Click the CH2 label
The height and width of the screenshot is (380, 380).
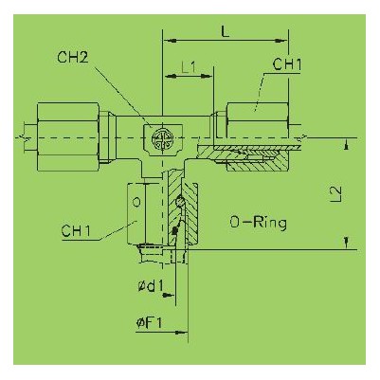coord(73,58)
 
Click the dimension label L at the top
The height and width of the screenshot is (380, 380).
coord(225,31)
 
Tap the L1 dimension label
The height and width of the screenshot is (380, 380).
coord(189,67)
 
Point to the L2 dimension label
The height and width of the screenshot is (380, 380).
coord(337,193)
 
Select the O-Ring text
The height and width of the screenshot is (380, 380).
coord(259,223)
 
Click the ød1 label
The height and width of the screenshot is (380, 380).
coord(151,286)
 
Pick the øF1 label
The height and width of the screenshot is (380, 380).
coord(149,323)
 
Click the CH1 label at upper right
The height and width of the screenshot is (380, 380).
coord(287,64)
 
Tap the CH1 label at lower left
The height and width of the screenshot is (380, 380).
coord(76,231)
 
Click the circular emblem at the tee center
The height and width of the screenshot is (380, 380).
coord(162,138)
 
